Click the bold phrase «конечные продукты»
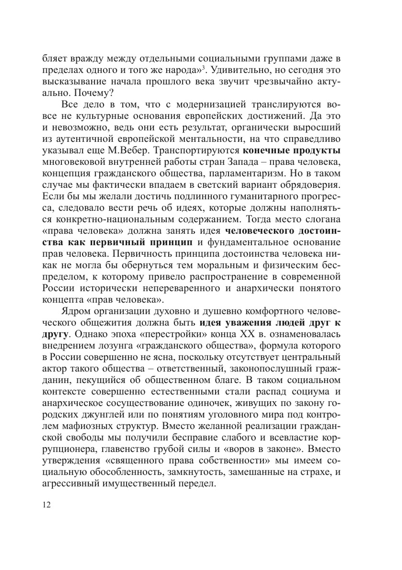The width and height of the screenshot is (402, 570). point(292,151)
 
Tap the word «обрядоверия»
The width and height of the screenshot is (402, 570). point(309,185)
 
